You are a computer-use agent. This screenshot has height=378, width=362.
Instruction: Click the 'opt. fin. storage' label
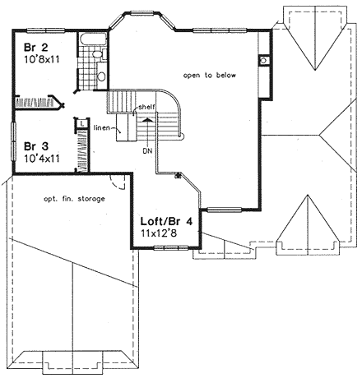(74, 199)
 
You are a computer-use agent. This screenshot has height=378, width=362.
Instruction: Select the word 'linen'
(101, 127)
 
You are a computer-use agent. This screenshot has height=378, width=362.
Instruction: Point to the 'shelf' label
(146, 107)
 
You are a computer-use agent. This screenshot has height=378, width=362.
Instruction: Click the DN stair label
(147, 151)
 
